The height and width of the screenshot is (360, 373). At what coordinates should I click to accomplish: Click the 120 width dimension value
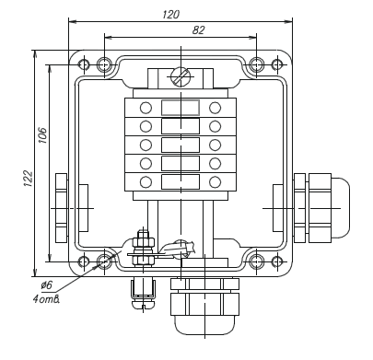pos(170,15)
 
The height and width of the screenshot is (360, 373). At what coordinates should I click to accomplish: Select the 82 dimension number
pos(198,30)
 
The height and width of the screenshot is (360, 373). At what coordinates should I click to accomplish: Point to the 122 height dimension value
pos(28,179)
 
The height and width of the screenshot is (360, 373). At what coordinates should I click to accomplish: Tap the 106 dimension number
pos(42,135)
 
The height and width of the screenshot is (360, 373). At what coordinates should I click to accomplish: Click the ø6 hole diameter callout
pos(47,285)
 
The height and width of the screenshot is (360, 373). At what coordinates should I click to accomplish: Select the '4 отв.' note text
pos(46,299)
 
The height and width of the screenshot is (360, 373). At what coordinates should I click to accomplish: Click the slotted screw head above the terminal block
pos(181,75)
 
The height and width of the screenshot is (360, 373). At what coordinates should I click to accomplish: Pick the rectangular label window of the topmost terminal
pos(181,108)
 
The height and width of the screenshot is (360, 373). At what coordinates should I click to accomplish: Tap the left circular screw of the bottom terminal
pos(146,182)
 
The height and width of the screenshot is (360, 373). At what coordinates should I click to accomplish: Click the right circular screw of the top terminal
pos(215,108)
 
